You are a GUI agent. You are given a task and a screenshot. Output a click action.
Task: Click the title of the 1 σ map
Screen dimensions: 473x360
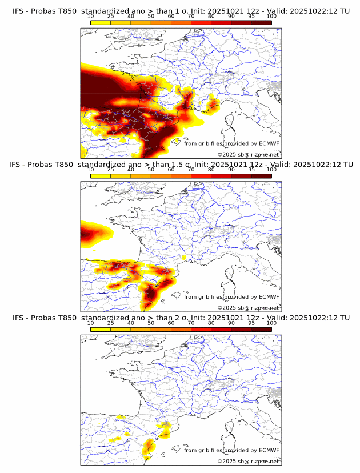(x=180, y=11)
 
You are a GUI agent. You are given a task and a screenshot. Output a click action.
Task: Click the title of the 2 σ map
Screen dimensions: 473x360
(x=180, y=318)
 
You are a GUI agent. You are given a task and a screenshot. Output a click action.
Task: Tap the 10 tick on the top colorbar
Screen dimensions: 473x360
(x=91, y=17)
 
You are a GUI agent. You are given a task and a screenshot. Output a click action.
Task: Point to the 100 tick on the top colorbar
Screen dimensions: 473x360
(x=271, y=17)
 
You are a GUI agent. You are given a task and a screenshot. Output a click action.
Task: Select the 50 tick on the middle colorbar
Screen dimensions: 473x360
(x=151, y=170)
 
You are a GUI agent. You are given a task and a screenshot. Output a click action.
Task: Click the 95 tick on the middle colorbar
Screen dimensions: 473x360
(x=251, y=170)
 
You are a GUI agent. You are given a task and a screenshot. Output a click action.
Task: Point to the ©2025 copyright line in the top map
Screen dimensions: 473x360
(x=248, y=155)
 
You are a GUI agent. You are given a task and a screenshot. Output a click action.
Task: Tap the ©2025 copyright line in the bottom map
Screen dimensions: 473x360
(x=248, y=461)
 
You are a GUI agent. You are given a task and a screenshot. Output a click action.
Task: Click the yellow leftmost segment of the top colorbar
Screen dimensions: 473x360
(x=101, y=23)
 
